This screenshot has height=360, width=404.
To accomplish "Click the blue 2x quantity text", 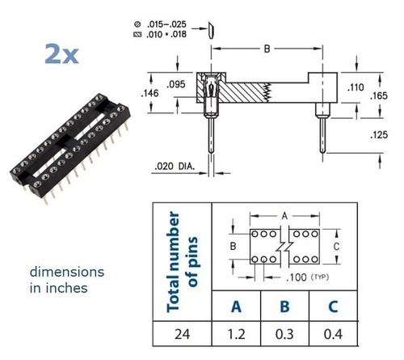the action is [61, 54].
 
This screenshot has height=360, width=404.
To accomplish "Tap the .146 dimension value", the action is [150, 93].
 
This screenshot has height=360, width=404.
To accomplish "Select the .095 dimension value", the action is [176, 84].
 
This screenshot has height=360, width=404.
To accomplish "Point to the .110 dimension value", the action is [356, 87].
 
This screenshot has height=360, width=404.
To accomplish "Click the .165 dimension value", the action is [379, 95].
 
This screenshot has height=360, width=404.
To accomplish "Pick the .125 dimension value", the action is [379, 135].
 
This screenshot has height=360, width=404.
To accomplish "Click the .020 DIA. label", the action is [175, 167].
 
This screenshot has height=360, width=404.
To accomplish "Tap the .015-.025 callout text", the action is [166, 24].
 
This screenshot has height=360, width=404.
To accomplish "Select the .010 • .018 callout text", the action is [166, 35].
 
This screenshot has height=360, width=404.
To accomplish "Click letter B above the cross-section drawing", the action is [267, 49].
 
